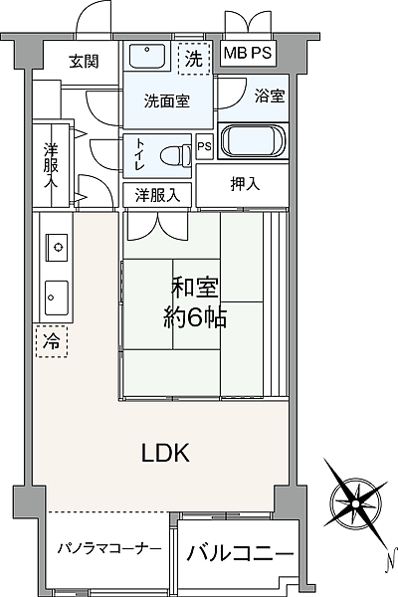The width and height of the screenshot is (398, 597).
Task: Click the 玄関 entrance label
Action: tap(84, 62)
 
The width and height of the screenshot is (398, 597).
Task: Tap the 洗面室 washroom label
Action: tap(164, 100)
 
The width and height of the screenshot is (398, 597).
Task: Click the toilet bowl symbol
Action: tap(175, 155)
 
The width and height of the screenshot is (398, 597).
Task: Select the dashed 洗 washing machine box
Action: tap(194, 59)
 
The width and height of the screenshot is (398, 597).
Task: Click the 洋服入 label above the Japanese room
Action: tap(157, 195)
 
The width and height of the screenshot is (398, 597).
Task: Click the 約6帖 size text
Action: tap(196, 317)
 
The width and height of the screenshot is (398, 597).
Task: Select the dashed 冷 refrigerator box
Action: tap(50, 341)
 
